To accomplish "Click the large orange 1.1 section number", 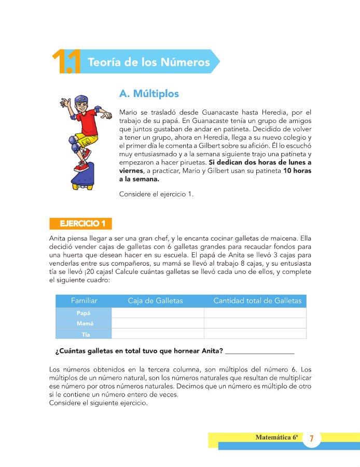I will (x=65, y=62).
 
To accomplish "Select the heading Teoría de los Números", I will (x=149, y=62).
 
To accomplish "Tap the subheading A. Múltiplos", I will (x=149, y=93).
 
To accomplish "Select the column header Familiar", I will (x=84, y=301).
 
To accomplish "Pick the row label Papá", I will (x=84, y=313).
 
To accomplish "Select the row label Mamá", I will (x=84, y=323).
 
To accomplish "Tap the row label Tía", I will (x=84, y=334).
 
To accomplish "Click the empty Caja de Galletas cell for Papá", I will (x=158, y=313).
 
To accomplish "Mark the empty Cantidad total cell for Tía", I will (x=255, y=334).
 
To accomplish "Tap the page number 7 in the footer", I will (x=311, y=439).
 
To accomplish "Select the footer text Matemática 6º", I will (x=276, y=437).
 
